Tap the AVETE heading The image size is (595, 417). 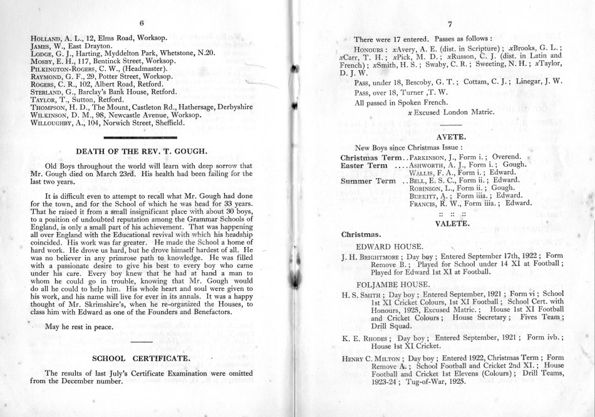pyautogui.click(x=443, y=134)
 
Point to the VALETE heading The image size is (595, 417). pyautogui.click(x=443, y=222)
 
